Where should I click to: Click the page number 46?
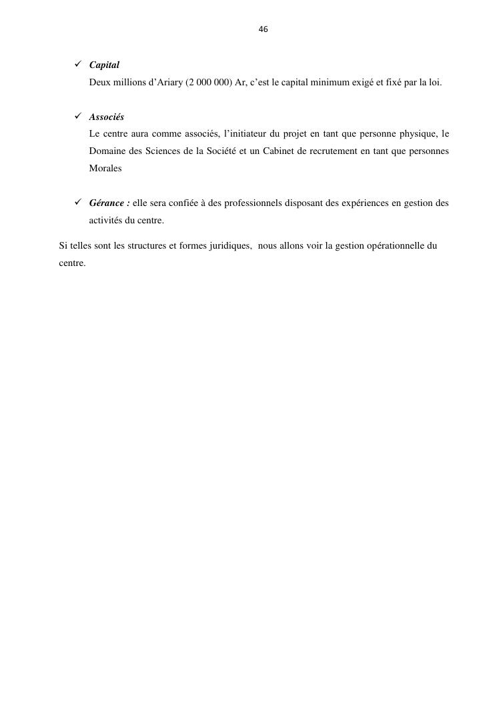point(263,29)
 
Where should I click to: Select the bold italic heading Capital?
point(104,65)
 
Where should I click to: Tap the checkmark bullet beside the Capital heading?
point(77,65)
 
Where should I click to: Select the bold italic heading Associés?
point(107,117)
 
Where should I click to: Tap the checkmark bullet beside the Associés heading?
point(77,117)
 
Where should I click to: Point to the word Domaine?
point(107,152)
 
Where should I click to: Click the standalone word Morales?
point(105,169)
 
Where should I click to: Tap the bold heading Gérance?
point(109,203)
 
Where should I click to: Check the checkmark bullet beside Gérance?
point(77,203)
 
